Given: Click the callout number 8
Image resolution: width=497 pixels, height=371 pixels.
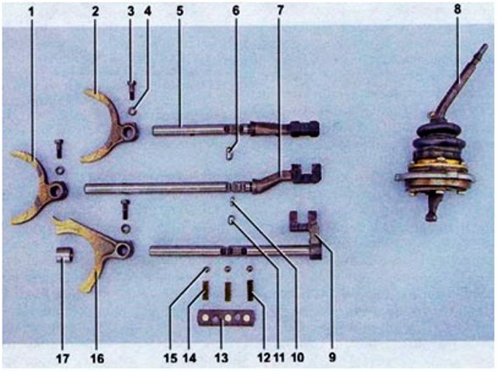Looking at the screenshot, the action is [x=457, y=9].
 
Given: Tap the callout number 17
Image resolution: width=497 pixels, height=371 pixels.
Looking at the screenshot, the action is [x=62, y=359].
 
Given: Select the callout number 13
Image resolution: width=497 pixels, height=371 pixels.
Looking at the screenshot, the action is [x=221, y=358].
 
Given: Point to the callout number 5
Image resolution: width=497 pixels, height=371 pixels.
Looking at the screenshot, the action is [x=179, y=11].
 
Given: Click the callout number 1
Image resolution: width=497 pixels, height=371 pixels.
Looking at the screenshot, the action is [x=31, y=12].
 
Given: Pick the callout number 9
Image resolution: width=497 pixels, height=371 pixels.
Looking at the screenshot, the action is [x=332, y=357].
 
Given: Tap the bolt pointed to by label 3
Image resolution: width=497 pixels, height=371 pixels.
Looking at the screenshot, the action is [x=131, y=90].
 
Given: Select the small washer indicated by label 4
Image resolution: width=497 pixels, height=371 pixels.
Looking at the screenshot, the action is [x=133, y=111].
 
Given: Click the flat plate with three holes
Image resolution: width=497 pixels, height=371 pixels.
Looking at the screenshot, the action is [x=226, y=318].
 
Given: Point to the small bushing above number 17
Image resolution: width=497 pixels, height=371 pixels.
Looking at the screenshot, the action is [x=65, y=255].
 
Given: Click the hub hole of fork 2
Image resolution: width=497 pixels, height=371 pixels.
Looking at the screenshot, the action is [x=128, y=132].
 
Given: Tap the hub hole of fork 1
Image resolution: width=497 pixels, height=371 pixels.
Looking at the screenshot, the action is [x=56, y=191].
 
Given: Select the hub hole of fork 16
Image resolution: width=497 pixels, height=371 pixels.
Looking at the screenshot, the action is [x=123, y=250].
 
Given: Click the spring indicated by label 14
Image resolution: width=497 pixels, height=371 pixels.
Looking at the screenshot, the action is [x=206, y=290].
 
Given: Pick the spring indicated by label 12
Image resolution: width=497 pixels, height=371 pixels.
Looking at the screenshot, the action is [x=250, y=290].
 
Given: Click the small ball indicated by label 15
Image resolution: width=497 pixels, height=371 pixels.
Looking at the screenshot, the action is [x=207, y=269].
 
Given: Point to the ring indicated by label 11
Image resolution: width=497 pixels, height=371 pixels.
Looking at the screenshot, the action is [x=231, y=219].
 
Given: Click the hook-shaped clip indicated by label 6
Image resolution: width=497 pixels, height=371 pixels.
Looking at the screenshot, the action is [x=230, y=154].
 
